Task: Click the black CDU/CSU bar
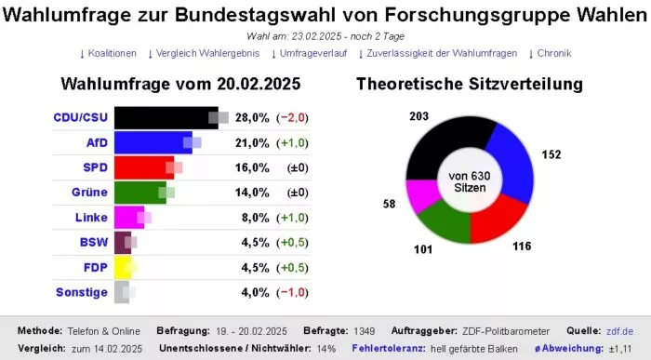click(163, 117)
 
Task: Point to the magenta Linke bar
click(127, 218)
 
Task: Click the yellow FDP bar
click(121, 268)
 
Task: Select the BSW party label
click(93, 243)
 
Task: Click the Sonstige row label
click(83, 293)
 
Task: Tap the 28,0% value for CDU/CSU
click(252, 117)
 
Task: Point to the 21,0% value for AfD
click(252, 142)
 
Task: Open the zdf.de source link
click(620, 330)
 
